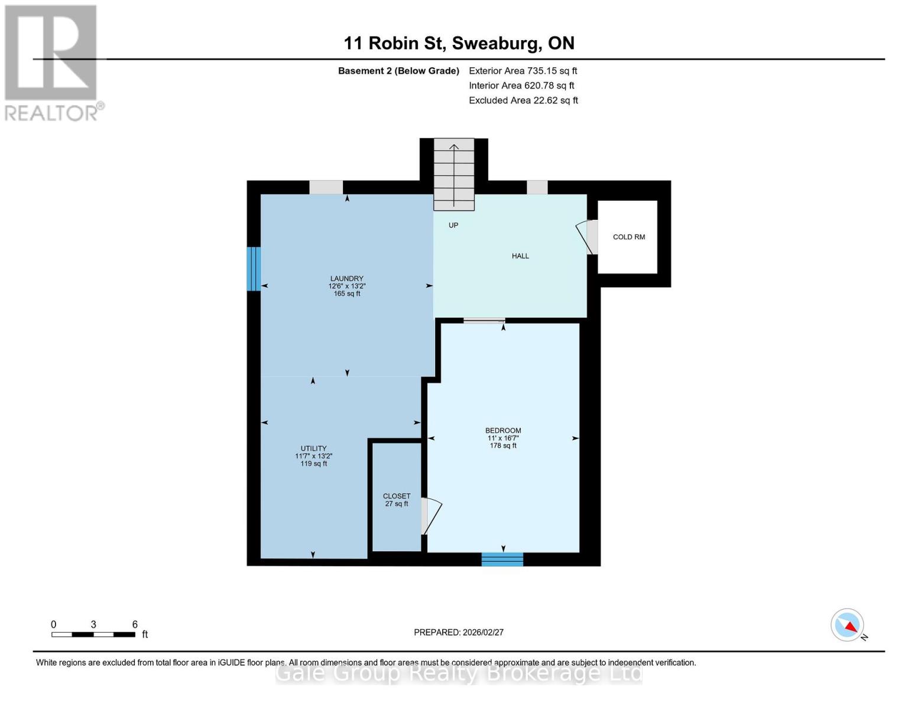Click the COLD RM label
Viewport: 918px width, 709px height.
click(628, 237)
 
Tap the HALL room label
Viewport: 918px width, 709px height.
click(520, 256)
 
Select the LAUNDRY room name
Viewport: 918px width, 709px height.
click(346, 278)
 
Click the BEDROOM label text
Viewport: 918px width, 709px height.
click(503, 431)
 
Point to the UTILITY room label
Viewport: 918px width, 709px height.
click(313, 448)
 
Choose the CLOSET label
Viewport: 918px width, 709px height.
click(396, 496)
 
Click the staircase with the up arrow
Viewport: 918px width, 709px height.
click(454, 174)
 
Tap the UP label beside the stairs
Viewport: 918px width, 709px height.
click(453, 225)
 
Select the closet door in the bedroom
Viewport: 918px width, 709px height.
click(430, 516)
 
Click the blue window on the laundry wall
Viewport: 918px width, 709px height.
click(254, 269)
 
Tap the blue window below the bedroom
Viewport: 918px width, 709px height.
click(502, 559)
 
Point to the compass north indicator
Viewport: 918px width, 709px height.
click(848, 625)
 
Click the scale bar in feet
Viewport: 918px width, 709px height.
click(93, 635)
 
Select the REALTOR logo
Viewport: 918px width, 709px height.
click(52, 63)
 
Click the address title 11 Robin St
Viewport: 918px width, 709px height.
click(459, 43)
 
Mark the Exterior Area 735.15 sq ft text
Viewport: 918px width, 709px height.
click(523, 71)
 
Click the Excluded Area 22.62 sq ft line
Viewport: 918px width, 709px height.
click(523, 100)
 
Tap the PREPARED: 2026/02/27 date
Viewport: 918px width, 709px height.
click(459, 632)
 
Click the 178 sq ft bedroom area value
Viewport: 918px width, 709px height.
click(503, 445)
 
